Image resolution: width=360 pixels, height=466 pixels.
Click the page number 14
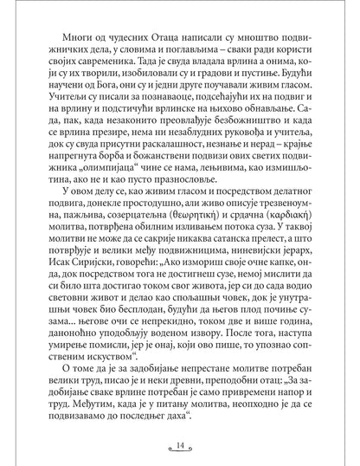(x=179, y=445)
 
